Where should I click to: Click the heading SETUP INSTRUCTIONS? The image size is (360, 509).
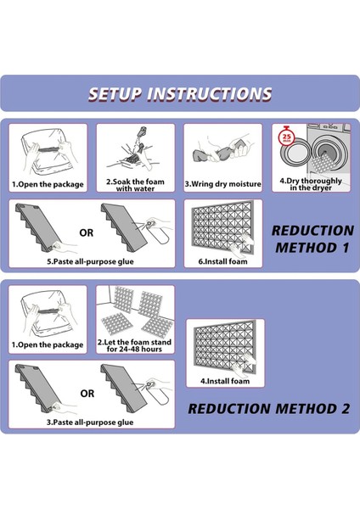[x=180, y=94]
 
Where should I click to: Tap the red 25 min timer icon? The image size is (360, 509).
[x=287, y=137]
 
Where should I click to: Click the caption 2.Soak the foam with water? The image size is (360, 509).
[x=135, y=185]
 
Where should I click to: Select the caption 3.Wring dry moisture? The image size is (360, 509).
[x=223, y=184]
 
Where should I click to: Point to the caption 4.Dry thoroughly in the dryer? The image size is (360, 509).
[x=311, y=184]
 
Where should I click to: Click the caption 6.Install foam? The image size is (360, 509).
[x=223, y=261]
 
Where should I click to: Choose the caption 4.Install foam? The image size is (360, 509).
[x=225, y=381]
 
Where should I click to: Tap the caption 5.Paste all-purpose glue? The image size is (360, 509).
[x=90, y=261]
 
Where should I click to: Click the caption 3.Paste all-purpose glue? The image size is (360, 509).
[x=90, y=422]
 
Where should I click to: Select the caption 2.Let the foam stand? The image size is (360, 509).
[x=134, y=342]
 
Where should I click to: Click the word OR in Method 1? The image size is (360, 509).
[x=86, y=232]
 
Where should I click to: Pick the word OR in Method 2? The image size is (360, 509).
[x=87, y=394]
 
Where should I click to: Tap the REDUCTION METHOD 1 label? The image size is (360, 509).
[x=312, y=239]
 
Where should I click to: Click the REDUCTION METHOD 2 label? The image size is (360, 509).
[x=268, y=409]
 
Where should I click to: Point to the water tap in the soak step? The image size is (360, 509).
[x=143, y=131]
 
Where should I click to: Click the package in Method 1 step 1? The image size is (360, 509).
[x=48, y=154]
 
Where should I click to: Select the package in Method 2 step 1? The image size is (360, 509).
[x=48, y=315]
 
